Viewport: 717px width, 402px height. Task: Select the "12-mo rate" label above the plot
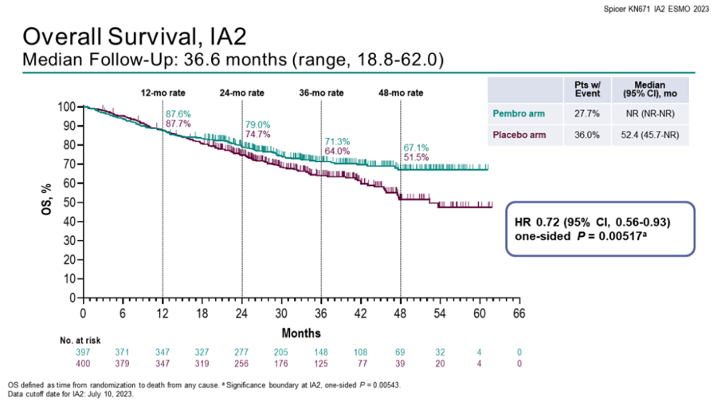coord(163,93)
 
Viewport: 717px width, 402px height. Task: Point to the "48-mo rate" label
coord(400,93)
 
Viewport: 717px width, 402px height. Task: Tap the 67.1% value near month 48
coord(416,148)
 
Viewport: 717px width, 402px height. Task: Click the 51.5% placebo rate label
coord(416,159)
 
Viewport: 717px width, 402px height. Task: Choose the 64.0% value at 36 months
coord(337,151)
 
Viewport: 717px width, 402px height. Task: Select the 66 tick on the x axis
coord(519,312)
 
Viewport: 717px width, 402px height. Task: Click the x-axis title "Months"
coord(300,332)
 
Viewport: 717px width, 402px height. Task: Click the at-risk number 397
coord(83,352)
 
